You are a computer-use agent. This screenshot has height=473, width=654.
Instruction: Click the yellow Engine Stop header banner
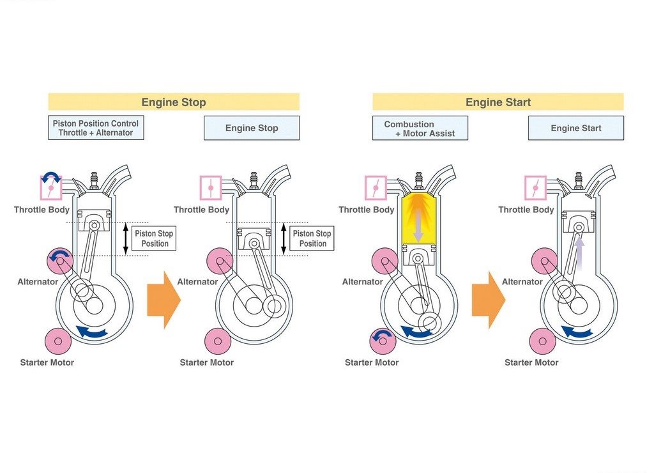tap(174, 102)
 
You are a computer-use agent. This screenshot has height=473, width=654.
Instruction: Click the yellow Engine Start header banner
tap(498, 102)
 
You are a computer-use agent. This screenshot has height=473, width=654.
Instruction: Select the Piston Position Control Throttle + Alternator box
tap(96, 128)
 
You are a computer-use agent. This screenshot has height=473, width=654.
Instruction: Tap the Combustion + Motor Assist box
tap(420, 128)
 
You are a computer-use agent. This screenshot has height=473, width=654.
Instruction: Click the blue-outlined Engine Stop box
tap(252, 128)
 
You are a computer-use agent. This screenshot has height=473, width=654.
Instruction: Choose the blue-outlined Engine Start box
tap(576, 128)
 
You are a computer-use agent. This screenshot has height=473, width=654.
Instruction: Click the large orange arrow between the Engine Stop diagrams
tap(163, 300)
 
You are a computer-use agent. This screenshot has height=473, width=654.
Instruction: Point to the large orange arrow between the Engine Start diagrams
tap(489, 300)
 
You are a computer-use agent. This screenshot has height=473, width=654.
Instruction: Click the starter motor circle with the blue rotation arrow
tap(383, 341)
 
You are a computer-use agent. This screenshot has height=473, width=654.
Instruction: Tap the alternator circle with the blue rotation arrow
tap(60, 260)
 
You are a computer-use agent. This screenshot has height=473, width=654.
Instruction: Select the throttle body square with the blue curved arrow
tap(51, 187)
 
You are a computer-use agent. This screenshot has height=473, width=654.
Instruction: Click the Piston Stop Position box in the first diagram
tap(154, 238)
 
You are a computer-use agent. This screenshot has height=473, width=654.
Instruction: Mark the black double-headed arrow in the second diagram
tap(284, 238)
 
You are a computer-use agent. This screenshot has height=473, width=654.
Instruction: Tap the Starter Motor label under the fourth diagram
tap(531, 362)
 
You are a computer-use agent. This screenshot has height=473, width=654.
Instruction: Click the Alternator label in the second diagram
tap(197, 282)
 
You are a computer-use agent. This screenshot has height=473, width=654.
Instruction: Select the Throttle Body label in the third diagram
tap(366, 210)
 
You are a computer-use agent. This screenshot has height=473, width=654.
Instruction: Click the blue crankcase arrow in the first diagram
tap(92, 332)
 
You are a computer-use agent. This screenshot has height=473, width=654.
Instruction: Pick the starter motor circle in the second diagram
tap(218, 341)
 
